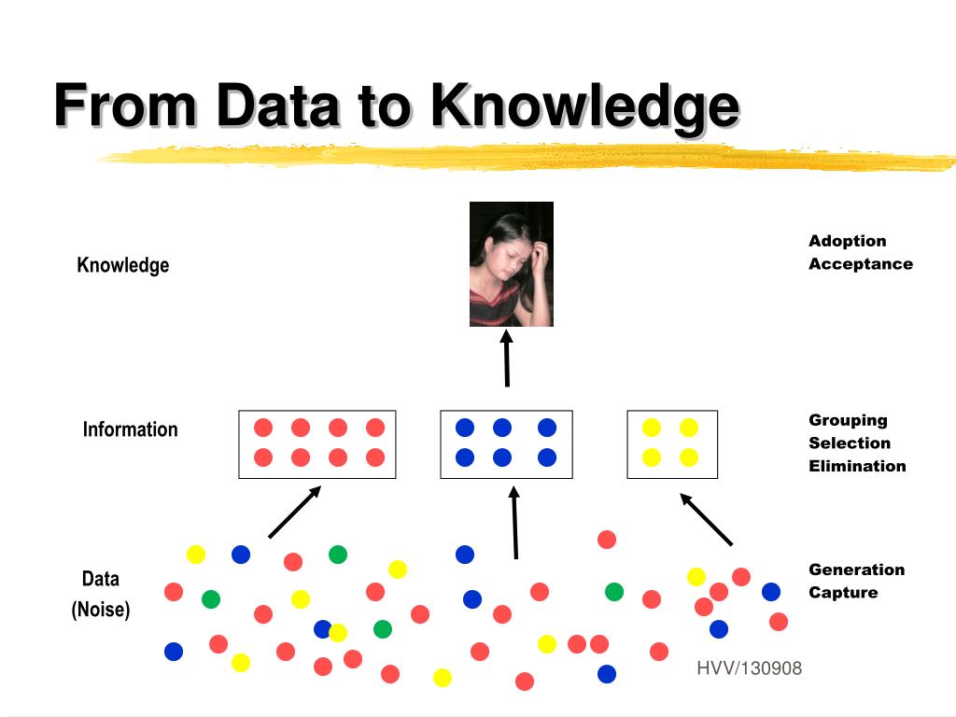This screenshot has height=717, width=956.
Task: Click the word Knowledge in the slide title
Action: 584,105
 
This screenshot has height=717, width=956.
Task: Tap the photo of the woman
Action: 511,264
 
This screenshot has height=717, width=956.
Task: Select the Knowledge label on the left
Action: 122,265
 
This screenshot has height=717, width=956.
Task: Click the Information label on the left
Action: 130,429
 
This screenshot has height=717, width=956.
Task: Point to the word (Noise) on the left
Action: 101,610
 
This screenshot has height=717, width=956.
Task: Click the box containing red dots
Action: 317,444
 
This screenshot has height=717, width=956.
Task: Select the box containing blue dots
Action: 506,444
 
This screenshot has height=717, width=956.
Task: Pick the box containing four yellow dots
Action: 672,444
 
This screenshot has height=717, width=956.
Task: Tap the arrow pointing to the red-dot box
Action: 295,512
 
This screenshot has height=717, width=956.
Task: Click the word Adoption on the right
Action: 847,242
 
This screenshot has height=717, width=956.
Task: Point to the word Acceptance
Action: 860,264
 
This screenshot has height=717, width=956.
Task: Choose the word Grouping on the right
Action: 848,421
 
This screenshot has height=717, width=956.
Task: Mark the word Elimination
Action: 857,466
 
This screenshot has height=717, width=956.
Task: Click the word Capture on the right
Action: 843,593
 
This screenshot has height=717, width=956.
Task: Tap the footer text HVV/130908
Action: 749,668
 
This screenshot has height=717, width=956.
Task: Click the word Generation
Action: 856,569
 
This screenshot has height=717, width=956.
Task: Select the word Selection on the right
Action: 849,443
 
